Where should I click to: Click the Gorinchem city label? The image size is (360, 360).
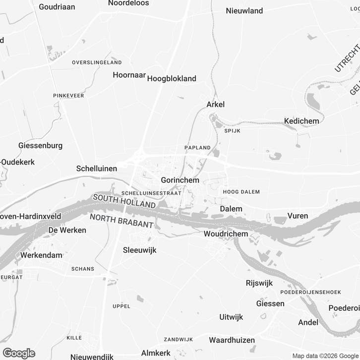coord(180,180)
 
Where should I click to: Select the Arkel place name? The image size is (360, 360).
coord(216,104)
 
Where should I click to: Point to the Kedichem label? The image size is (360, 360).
coord(301,120)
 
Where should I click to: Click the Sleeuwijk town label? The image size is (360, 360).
coord(139,250)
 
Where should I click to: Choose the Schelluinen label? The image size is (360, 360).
coord(97,169)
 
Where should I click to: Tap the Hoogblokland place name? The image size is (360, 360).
coord(172,78)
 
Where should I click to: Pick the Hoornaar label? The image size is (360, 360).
coord(129,75)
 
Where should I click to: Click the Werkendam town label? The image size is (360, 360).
coord(41,255)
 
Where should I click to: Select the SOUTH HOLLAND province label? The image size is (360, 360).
coord(124,201)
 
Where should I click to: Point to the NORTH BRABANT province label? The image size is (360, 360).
coord(121,221)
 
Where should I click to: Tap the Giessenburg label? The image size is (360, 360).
coord(40,146)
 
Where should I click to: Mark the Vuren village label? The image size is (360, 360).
coord(298,216)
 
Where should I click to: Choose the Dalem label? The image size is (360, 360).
coord(231,209)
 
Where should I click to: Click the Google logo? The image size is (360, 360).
coord(18,353)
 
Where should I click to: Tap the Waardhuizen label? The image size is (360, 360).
coord(232,340)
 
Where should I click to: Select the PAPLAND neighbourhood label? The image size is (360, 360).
coord(197,148)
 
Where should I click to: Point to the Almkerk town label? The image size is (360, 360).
coord(156,353)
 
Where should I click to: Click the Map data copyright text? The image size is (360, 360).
coord(325,356)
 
